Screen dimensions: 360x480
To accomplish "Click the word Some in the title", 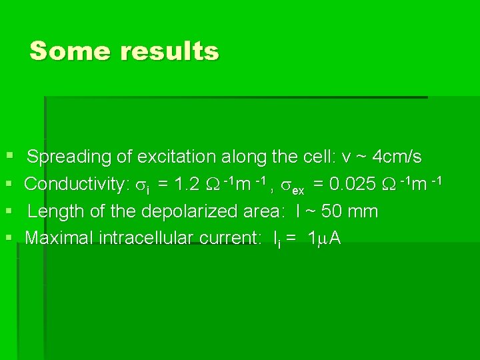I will point(70,51).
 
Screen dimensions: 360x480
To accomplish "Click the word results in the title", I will point(169,51).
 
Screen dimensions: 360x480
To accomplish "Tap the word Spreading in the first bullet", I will point(69,157).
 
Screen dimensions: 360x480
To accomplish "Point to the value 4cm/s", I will point(397,157).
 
